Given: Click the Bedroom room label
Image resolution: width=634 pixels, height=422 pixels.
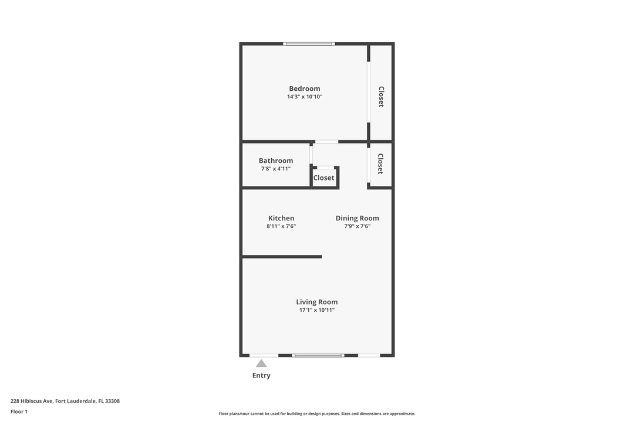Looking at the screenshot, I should [304, 89].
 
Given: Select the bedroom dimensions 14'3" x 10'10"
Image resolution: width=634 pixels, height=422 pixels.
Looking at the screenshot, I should [304, 97].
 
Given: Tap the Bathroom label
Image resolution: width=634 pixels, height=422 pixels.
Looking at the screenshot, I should [275, 161].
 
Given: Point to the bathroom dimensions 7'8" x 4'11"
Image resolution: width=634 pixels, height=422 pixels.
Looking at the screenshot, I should [275, 169].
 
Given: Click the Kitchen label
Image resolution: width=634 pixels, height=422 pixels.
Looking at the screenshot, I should [281, 218].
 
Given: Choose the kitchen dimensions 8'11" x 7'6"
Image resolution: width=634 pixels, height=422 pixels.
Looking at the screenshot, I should [281, 226].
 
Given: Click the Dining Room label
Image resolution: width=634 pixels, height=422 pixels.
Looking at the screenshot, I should [357, 218].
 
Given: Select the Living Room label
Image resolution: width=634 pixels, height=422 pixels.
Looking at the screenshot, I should [316, 302].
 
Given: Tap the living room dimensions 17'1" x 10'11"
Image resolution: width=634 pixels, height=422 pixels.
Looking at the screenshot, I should [316, 310].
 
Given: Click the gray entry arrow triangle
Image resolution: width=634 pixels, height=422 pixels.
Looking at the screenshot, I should [261, 363].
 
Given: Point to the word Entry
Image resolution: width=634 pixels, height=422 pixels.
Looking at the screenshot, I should [261, 376].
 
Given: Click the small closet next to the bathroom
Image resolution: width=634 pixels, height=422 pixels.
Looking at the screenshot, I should [324, 178].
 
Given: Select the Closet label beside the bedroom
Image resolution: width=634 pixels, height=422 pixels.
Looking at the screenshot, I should [381, 97].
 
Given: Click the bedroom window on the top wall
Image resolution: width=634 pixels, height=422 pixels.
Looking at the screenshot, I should [309, 43].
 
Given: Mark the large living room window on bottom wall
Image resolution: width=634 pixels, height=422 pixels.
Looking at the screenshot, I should [318, 355].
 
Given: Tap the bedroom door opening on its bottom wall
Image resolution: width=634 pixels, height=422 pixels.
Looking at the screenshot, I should [326, 141].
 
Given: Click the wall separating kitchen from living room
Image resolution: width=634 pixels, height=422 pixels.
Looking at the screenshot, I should [282, 257].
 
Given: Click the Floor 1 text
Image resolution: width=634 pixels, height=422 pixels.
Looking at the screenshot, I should [19, 411].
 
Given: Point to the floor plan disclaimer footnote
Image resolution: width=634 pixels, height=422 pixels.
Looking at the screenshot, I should [316, 414].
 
